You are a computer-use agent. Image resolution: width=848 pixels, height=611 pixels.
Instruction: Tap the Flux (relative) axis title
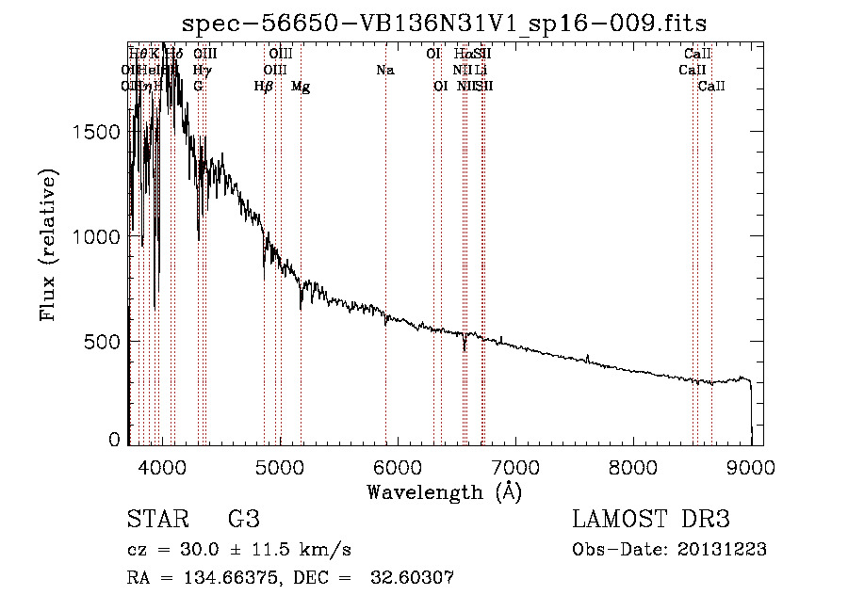pyautogui.click(x=48, y=244)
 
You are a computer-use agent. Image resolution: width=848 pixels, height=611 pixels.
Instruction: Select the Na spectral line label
pyautogui.click(x=384, y=70)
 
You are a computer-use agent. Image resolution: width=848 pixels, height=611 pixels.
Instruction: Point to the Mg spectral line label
pyautogui.click(x=301, y=87)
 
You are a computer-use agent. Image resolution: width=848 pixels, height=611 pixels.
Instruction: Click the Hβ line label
pyautogui.click(x=264, y=87)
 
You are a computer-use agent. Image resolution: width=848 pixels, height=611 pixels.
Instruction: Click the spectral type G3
pyautogui.click(x=243, y=520)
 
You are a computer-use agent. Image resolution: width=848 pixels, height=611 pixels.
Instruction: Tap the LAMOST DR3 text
pyautogui.click(x=650, y=520)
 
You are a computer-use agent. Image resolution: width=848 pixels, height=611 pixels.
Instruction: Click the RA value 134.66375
pyautogui.click(x=217, y=578)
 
